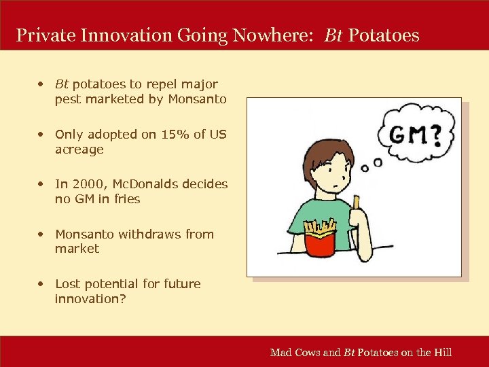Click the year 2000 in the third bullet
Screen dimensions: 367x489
84,184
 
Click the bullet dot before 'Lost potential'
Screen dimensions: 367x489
42,283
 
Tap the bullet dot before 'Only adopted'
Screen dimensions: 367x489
42,135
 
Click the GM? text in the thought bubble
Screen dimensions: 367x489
414,136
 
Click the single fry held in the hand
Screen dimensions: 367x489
355,202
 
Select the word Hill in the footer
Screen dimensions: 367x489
443,352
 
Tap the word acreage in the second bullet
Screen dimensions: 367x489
79,150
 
